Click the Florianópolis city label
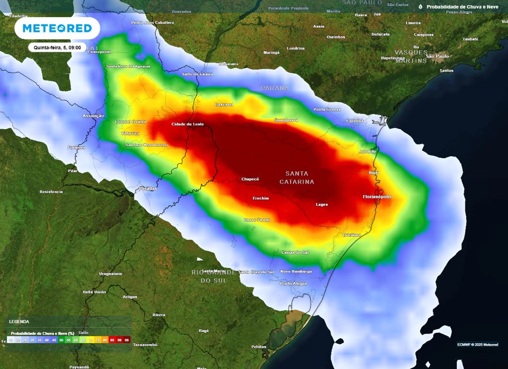(x=377, y=196)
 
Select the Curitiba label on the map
(x=355, y=121)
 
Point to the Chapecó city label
(x=250, y=179)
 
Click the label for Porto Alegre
(x=293, y=284)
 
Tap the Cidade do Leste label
(x=188, y=124)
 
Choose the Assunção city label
(x=93, y=116)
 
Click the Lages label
(x=321, y=204)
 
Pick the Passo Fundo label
(x=256, y=220)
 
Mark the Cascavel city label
(x=224, y=105)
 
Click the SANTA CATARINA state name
(x=297, y=178)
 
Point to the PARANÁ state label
(x=275, y=88)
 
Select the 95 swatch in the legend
(x=127, y=340)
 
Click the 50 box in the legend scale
(x=62, y=340)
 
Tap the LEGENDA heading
(x=19, y=321)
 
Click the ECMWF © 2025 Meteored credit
(x=478, y=345)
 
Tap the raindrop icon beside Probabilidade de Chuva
(x=421, y=7)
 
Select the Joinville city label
(x=368, y=151)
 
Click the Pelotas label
(x=259, y=347)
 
